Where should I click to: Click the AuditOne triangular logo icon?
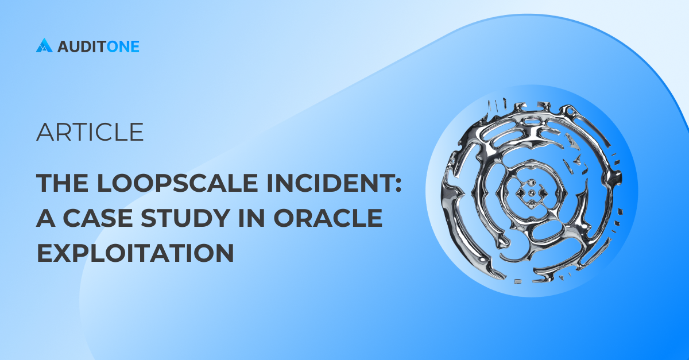point(44,45)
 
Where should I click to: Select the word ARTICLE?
point(90,132)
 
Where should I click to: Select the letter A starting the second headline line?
point(46,219)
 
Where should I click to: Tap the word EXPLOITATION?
point(136,253)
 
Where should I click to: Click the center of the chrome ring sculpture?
point(531,193)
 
